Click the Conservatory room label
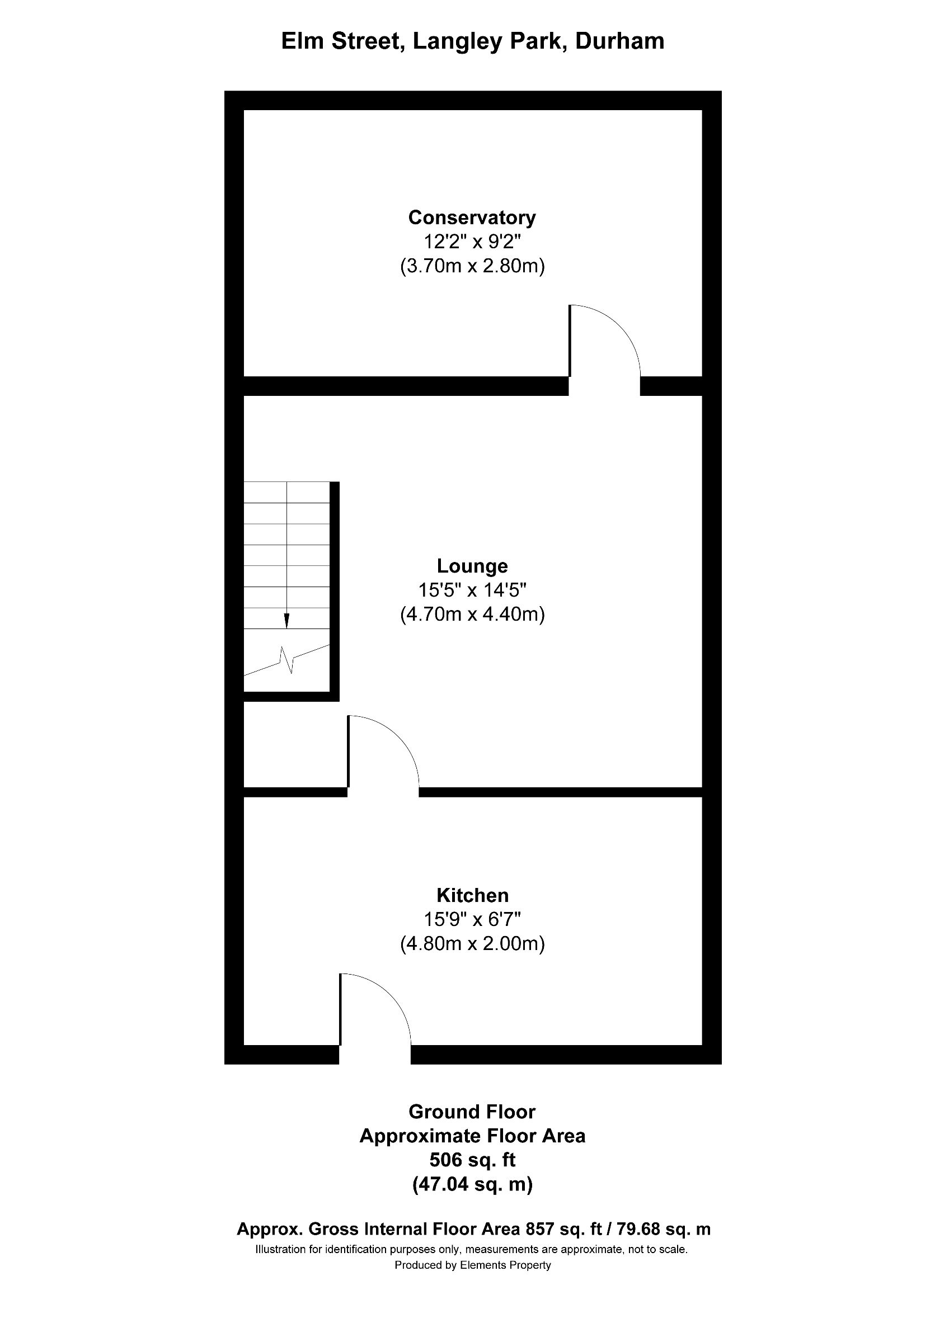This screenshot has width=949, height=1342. [472, 218]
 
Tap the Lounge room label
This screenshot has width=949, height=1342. [472, 566]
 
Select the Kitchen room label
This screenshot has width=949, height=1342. [472, 895]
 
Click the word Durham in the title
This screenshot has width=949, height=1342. [620, 41]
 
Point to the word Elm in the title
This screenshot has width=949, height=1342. [303, 41]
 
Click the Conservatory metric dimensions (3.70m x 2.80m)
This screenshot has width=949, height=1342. [472, 266]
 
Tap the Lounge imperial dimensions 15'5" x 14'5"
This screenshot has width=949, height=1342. [472, 590]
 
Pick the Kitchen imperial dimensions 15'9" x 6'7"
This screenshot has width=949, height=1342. [472, 919]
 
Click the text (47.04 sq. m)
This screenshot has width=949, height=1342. [472, 1184]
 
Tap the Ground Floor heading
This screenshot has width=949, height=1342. [472, 1111]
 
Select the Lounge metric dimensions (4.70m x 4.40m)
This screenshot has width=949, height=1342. [472, 615]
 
